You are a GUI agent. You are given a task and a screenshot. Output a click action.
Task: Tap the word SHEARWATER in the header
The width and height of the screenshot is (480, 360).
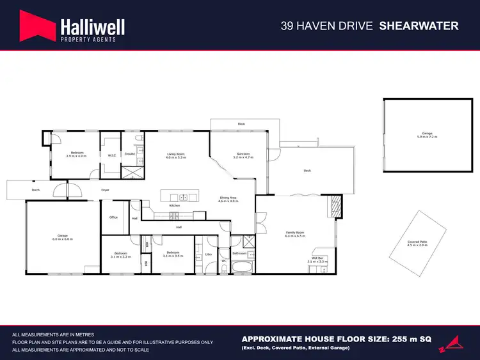click(x=419, y=26)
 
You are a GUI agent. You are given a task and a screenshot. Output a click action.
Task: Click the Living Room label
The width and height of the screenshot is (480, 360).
click(x=176, y=155)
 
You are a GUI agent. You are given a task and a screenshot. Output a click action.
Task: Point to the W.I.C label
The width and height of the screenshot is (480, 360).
click(x=111, y=155)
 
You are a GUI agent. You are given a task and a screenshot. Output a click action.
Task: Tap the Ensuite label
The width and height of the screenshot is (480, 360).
click(x=130, y=155)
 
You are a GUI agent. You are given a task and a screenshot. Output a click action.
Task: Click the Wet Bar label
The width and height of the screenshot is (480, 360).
click(x=317, y=259)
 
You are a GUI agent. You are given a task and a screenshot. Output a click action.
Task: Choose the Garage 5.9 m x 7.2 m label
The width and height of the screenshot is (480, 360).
click(x=426, y=135)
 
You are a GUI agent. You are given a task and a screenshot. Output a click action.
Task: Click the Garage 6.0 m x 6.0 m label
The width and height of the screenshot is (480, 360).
click(x=61, y=238)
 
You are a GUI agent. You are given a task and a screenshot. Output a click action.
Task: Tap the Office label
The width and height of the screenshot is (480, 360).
click(x=113, y=217)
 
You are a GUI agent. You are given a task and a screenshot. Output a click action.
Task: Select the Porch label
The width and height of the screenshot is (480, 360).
click(x=36, y=190)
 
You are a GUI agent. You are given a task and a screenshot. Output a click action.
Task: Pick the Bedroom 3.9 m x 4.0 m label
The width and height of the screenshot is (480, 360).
click(x=77, y=154)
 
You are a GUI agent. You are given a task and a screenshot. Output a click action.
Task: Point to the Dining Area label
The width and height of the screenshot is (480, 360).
click(x=228, y=200)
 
